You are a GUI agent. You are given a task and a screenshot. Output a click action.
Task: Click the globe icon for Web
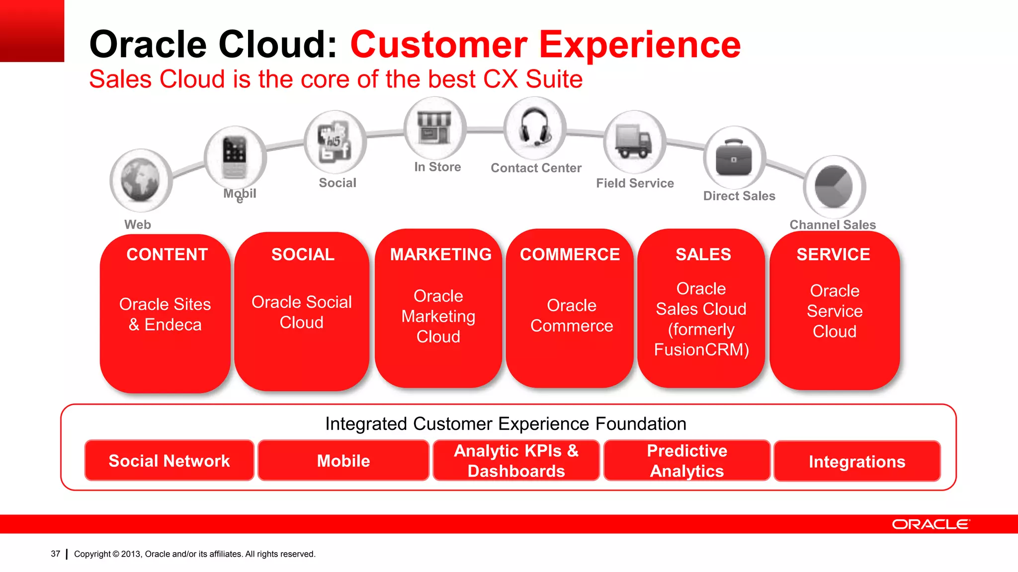141,180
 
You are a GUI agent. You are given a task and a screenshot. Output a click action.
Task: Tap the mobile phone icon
235,157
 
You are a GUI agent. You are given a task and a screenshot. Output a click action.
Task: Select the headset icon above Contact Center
534,128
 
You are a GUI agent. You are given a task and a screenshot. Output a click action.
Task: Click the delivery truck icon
634,142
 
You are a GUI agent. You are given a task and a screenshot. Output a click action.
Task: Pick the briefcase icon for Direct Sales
734,157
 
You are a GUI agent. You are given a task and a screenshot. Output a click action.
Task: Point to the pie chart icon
834,187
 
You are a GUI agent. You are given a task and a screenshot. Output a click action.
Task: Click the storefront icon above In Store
434,128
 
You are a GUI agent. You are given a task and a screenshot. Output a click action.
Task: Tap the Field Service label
635,183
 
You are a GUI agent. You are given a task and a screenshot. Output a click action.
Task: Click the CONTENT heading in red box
167,255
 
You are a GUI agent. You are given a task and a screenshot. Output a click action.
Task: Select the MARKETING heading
440,255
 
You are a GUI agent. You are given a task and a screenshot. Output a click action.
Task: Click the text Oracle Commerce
572,316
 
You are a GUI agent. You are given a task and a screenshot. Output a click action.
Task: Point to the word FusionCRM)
701,350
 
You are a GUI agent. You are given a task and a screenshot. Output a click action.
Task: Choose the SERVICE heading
833,255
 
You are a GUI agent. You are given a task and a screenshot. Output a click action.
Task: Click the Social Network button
169,461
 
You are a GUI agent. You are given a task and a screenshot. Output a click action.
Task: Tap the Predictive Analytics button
687,461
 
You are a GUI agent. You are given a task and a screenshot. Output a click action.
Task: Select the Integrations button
857,462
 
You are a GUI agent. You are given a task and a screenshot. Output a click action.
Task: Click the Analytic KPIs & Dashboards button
516,461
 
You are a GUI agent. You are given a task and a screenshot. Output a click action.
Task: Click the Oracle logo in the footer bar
930,524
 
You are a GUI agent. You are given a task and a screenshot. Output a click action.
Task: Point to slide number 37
55,554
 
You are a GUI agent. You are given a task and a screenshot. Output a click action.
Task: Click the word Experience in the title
640,45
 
